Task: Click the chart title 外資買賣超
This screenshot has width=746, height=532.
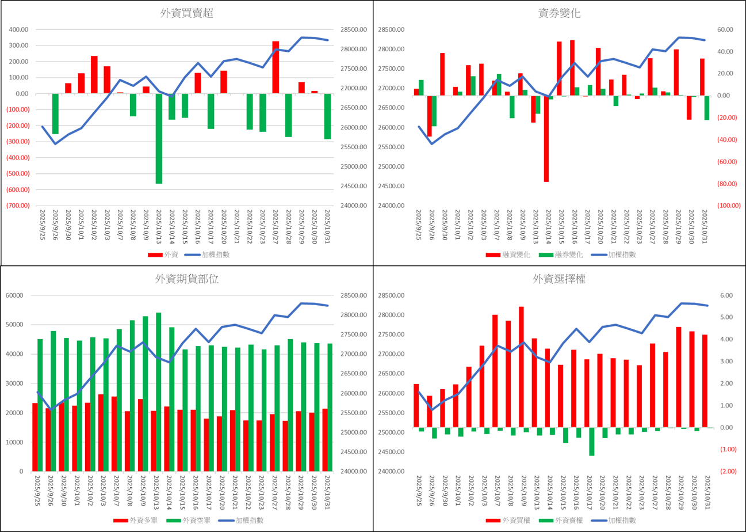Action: tap(187, 14)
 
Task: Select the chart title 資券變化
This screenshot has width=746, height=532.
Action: tap(560, 14)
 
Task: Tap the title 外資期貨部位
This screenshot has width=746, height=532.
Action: tap(187, 279)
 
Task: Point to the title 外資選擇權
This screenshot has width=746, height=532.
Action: tap(560, 279)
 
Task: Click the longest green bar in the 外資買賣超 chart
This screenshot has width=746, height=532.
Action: tap(159, 138)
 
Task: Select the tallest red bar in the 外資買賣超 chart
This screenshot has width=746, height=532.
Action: tap(276, 67)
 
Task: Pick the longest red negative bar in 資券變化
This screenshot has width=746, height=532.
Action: tap(547, 138)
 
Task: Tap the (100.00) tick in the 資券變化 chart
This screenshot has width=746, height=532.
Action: tap(726, 206)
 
